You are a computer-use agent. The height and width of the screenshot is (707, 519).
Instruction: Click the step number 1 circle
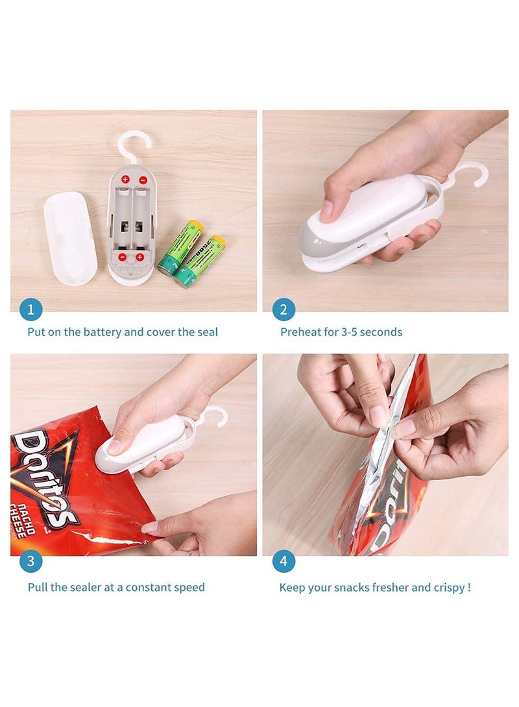(30, 309)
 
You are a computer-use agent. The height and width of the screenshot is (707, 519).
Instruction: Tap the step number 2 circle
(283, 309)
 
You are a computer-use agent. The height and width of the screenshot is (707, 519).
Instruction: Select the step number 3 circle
(30, 562)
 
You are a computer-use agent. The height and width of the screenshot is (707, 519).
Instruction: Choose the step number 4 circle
(283, 562)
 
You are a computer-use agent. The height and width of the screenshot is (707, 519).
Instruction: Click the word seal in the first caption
(206, 332)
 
